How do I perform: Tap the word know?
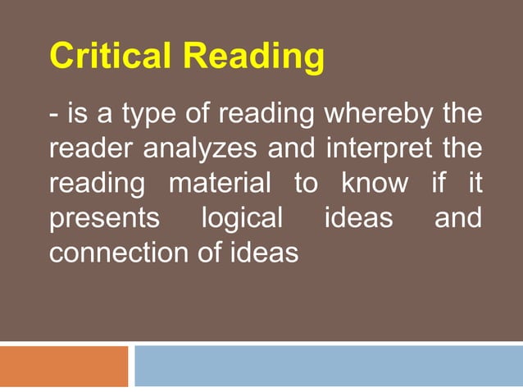374,185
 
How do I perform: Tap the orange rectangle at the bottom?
64,366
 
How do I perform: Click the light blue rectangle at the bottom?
328,366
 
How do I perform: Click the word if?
440,185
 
